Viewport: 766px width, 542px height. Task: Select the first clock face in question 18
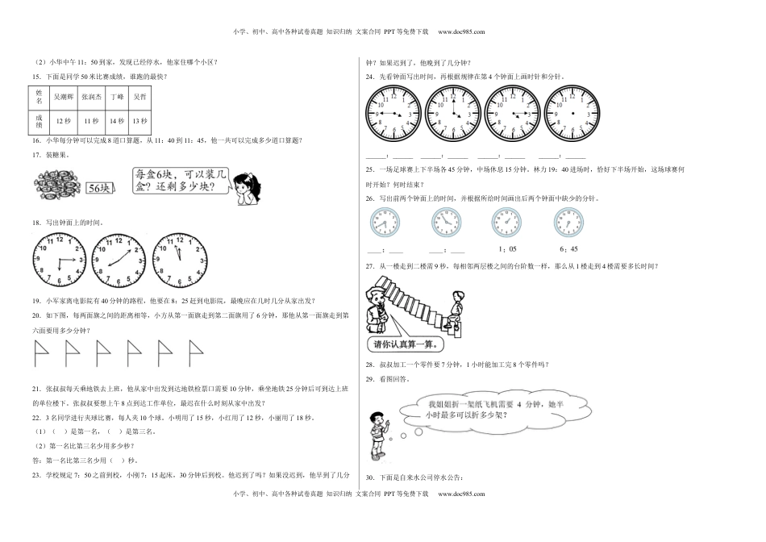(x=58, y=258)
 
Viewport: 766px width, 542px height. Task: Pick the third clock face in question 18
(x=179, y=258)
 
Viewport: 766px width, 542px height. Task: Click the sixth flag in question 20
(x=194, y=352)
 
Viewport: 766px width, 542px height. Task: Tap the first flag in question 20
(x=40, y=352)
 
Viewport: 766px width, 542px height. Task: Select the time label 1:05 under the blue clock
(x=507, y=249)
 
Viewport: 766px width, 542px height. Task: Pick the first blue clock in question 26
(x=384, y=223)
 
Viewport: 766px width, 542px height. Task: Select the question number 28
(x=370, y=365)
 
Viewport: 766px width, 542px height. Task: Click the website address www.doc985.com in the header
(x=461, y=31)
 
